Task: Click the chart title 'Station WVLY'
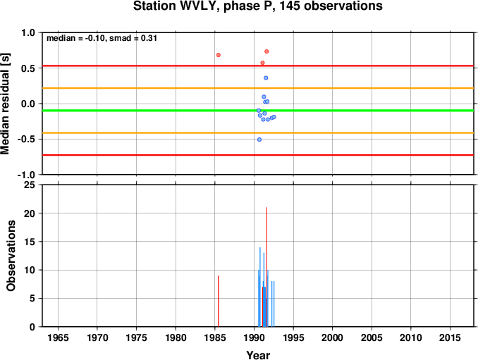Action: pos(176,6)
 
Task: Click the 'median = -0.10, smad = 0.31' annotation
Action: pos(102,38)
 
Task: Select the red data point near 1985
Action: pos(219,55)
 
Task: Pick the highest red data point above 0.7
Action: pos(266,51)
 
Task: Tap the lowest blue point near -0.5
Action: pos(259,139)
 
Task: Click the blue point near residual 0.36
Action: pos(266,78)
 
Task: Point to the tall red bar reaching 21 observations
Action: pos(266,267)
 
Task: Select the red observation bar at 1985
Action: pos(219,302)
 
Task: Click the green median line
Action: pos(258,110)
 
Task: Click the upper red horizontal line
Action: pos(258,66)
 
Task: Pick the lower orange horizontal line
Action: pos(258,132)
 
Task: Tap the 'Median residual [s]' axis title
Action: pos(5,104)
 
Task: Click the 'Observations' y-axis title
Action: pos(11,256)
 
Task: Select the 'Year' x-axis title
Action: pos(258,355)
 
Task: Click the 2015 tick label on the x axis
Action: pos(450,337)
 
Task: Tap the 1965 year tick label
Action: pos(58,337)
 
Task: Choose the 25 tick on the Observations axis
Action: pos(30,185)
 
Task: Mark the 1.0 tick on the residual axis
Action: pos(28,32)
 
